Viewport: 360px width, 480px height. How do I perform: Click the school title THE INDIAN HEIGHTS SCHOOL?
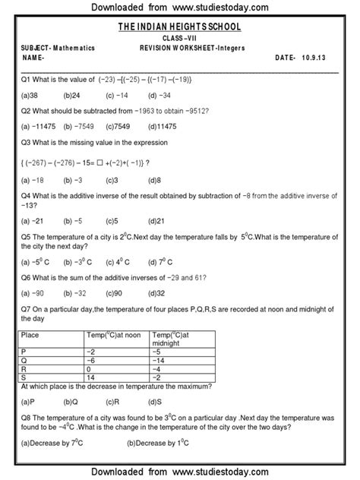coord(181,27)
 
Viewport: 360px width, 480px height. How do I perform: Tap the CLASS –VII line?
coord(181,37)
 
